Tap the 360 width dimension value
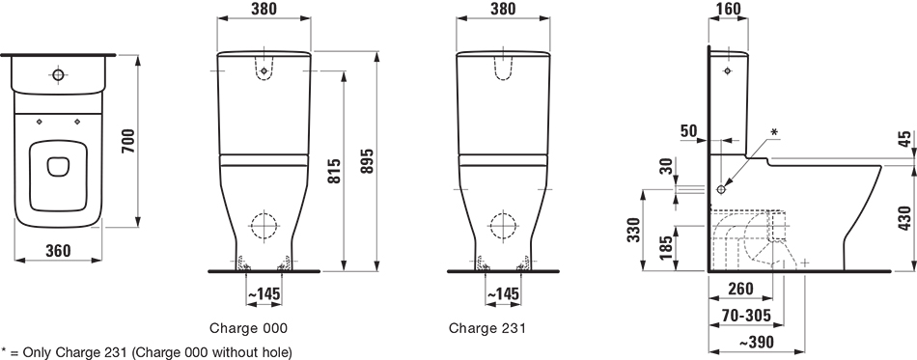[x=58, y=251]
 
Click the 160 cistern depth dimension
[x=728, y=9]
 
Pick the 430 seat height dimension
[x=904, y=219]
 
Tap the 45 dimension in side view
[x=904, y=139]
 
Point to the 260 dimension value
[x=740, y=289]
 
